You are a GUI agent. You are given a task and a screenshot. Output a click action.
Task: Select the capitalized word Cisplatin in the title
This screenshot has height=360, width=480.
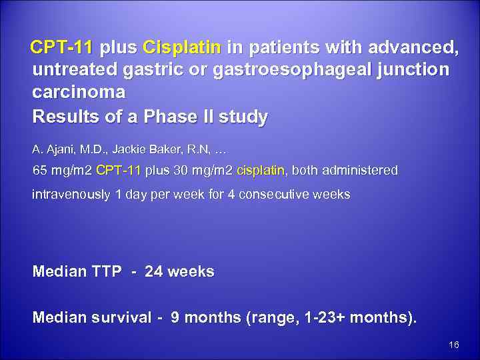tap(182, 49)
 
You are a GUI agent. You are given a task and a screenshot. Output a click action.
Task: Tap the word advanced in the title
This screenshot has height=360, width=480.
tap(411, 49)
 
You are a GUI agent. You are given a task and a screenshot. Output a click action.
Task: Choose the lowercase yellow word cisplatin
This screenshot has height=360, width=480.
tap(261, 171)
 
